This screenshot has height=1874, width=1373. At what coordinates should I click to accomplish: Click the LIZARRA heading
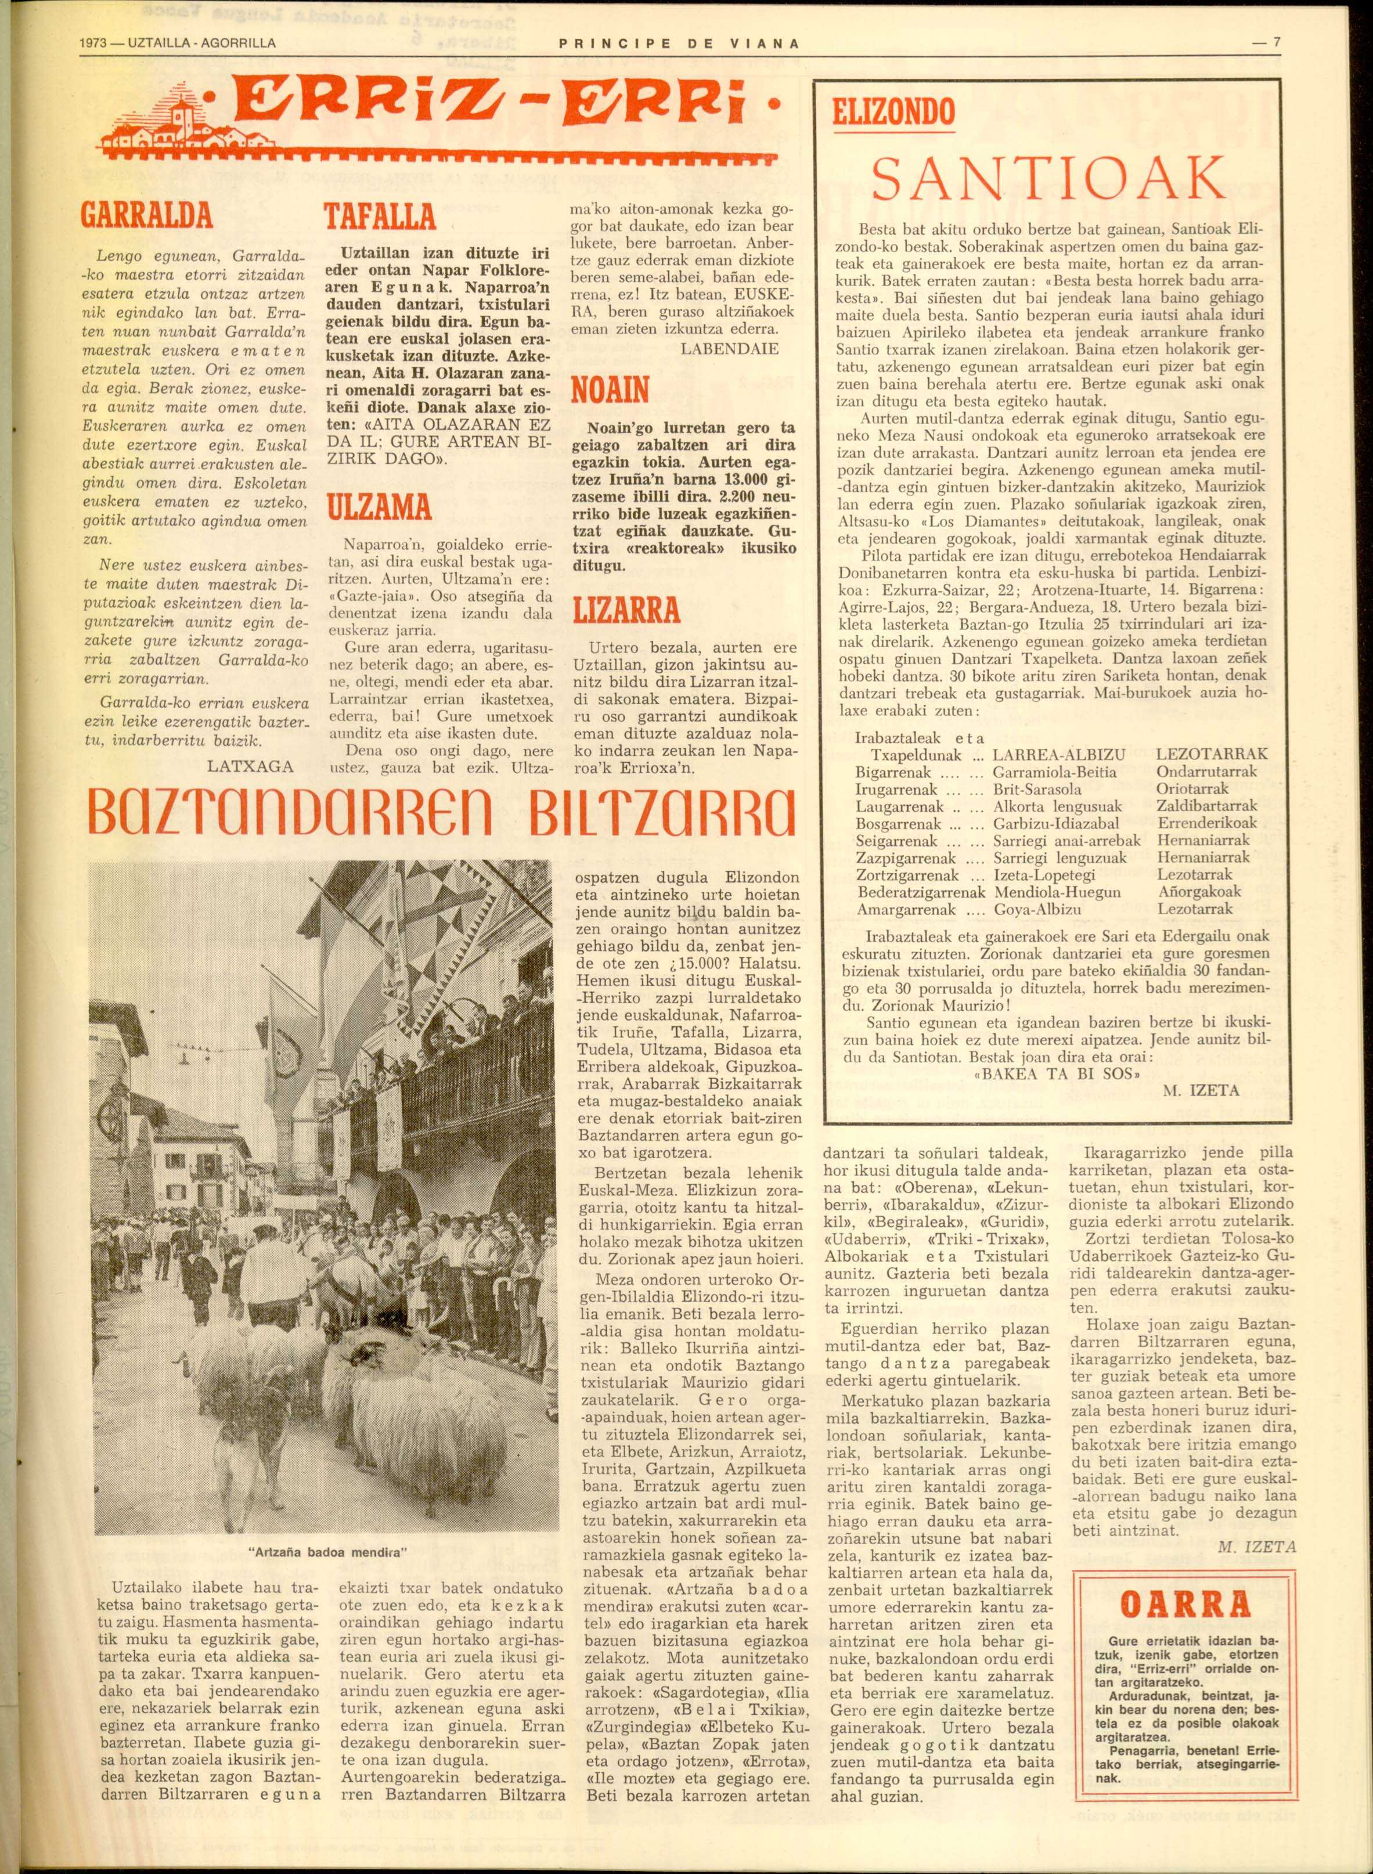626,611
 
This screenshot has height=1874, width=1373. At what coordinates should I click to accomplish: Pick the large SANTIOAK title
1050,177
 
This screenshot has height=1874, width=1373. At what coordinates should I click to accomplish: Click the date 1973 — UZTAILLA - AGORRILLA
181,43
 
